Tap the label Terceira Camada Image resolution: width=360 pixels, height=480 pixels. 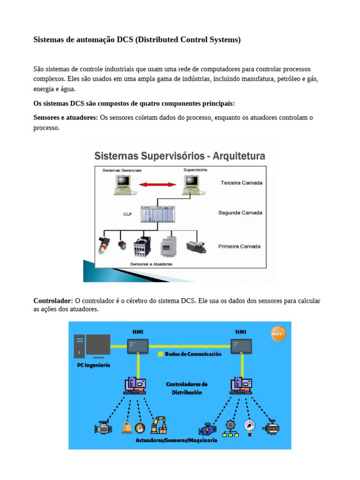click(241, 183)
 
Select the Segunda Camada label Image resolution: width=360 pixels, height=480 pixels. click(240, 213)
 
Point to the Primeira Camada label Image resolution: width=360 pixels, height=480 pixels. click(239, 246)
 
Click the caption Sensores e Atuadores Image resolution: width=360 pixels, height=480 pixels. click(151, 264)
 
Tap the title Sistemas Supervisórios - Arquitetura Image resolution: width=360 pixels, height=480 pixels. click(180, 156)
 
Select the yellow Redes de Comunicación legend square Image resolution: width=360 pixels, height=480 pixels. click(160, 354)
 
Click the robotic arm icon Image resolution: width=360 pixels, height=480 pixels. click(158, 425)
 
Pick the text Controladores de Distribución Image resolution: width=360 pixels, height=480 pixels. click(187, 388)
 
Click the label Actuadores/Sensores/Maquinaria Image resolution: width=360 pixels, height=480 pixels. click(176, 441)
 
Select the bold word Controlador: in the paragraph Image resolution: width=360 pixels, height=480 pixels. click(53, 300)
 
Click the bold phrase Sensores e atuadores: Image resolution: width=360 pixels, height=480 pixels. click(66, 117)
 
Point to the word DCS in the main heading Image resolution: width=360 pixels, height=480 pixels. click(125, 40)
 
